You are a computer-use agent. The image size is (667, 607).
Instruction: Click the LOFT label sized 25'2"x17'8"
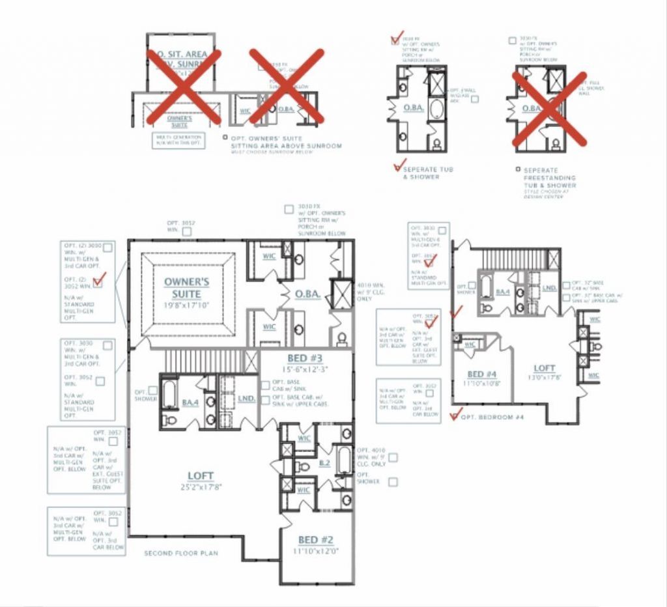pos(200,477)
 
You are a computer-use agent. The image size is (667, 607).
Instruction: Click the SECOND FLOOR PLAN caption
pos(181,553)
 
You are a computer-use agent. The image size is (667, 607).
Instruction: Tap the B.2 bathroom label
pos(324,463)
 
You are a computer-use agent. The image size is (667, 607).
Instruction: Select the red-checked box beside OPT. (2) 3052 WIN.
pos(98,282)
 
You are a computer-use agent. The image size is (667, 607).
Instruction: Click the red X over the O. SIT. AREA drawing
pos(184,86)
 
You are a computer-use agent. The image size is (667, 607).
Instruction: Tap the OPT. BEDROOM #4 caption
pos(492,416)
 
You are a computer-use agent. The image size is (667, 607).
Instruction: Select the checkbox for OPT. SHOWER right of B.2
pos(393,482)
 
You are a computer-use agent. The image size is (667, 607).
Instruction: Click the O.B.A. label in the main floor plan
pos(307,294)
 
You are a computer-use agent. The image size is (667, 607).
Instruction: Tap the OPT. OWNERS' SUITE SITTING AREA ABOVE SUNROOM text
pos(285,142)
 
